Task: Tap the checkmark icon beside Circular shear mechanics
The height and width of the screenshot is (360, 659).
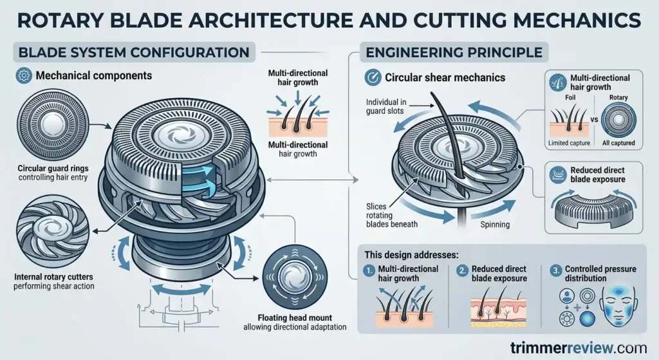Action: [372, 77]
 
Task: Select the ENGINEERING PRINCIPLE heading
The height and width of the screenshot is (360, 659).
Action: [454, 51]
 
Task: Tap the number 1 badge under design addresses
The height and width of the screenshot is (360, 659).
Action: [369, 270]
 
